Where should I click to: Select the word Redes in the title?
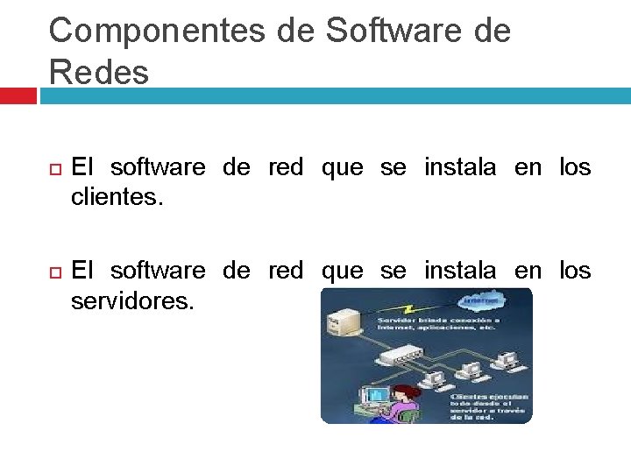[x=99, y=72]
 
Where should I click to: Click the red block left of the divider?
[x=18, y=95]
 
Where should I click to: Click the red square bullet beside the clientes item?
[x=54, y=168]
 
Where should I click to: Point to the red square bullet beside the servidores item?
[x=54, y=272]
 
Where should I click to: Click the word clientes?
[x=117, y=197]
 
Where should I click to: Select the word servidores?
[x=131, y=301]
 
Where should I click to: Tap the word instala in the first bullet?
[x=460, y=166]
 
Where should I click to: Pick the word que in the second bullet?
[x=343, y=271]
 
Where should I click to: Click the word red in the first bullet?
[x=286, y=166]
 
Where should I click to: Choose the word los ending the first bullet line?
[x=575, y=166]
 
